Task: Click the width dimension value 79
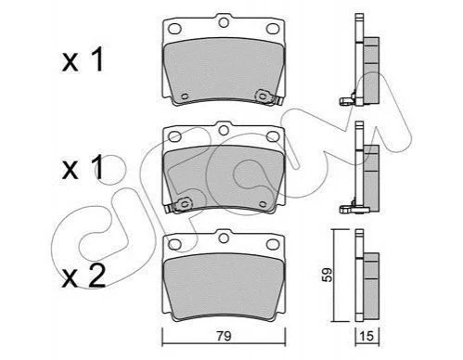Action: coord(224,336)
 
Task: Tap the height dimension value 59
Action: coord(328,275)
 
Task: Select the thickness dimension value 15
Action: coord(367,336)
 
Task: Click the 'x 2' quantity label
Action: coord(84,276)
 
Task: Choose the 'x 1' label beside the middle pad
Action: coord(83,168)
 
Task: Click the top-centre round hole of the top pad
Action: coord(224,22)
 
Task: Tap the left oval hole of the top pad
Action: coord(174,29)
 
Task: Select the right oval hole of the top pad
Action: coord(273,29)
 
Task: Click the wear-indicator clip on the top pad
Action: coord(268,97)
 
